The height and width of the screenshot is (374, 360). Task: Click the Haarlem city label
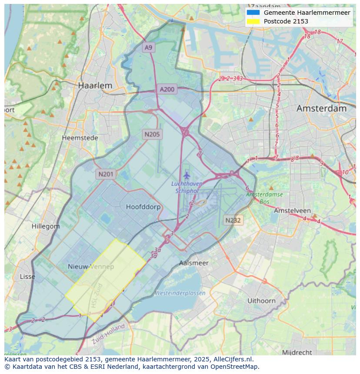pyautogui.click(x=95, y=86)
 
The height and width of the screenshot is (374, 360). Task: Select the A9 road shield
pyautogui.click(x=149, y=47)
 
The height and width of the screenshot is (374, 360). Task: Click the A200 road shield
pyautogui.click(x=167, y=89)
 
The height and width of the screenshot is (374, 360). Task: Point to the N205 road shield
pyautogui.click(x=152, y=134)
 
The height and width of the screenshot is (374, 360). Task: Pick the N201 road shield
pyautogui.click(x=106, y=174)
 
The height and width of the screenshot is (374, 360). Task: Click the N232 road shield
pyautogui.click(x=233, y=220)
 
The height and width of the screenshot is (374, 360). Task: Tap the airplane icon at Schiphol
pyautogui.click(x=187, y=175)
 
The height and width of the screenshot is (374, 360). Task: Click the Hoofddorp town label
pyautogui.click(x=143, y=207)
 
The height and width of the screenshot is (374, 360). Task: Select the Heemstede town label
pyautogui.click(x=80, y=138)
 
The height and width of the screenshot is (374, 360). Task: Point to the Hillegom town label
pyautogui.click(x=46, y=226)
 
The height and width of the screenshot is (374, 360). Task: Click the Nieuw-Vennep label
pyautogui.click(x=91, y=266)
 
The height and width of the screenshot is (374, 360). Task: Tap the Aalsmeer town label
pyautogui.click(x=194, y=263)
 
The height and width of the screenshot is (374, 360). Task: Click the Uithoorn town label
pyautogui.click(x=261, y=300)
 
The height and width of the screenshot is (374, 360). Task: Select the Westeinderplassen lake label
pyautogui.click(x=180, y=293)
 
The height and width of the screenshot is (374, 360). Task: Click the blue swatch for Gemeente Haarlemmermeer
pyautogui.click(x=253, y=13)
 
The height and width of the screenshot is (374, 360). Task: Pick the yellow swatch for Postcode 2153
pyautogui.click(x=253, y=21)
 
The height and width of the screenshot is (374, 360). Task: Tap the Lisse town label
pyautogui.click(x=28, y=277)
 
